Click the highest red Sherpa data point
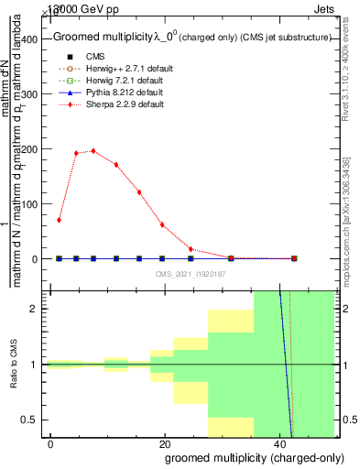coord(93,151)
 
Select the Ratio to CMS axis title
coord(14,365)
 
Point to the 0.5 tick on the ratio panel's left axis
coord(35,420)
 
